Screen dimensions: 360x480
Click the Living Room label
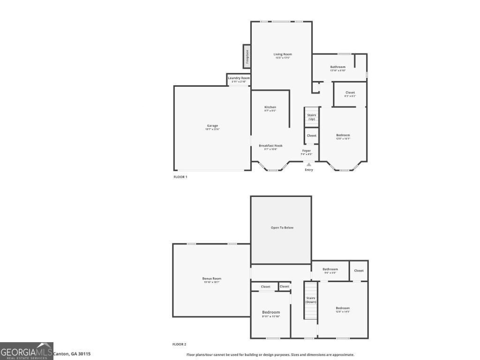pos(283,54)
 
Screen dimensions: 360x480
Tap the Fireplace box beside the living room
pos(247,56)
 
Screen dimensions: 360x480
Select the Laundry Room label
pos(239,78)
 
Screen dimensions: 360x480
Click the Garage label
pos(212,126)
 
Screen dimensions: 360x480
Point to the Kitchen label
pos(270,107)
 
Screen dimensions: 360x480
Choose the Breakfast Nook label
pos(270,146)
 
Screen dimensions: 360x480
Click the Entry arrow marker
pos(308,165)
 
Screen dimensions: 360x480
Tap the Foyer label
pos(306,151)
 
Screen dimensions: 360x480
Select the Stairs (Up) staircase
pos(311,117)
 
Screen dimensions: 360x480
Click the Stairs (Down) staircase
pos(311,300)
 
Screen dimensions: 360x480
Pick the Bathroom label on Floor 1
pos(337,67)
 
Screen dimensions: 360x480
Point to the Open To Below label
pos(282,228)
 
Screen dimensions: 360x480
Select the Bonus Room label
pos(211,279)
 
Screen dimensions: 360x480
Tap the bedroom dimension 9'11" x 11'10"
pos(271,316)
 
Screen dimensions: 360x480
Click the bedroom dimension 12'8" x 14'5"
pos(343,312)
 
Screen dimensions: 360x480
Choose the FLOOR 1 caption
pos(180,177)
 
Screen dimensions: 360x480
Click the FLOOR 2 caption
pos(180,344)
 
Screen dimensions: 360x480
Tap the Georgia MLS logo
pos(27,351)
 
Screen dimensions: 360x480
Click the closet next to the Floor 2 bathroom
pos(359,270)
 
